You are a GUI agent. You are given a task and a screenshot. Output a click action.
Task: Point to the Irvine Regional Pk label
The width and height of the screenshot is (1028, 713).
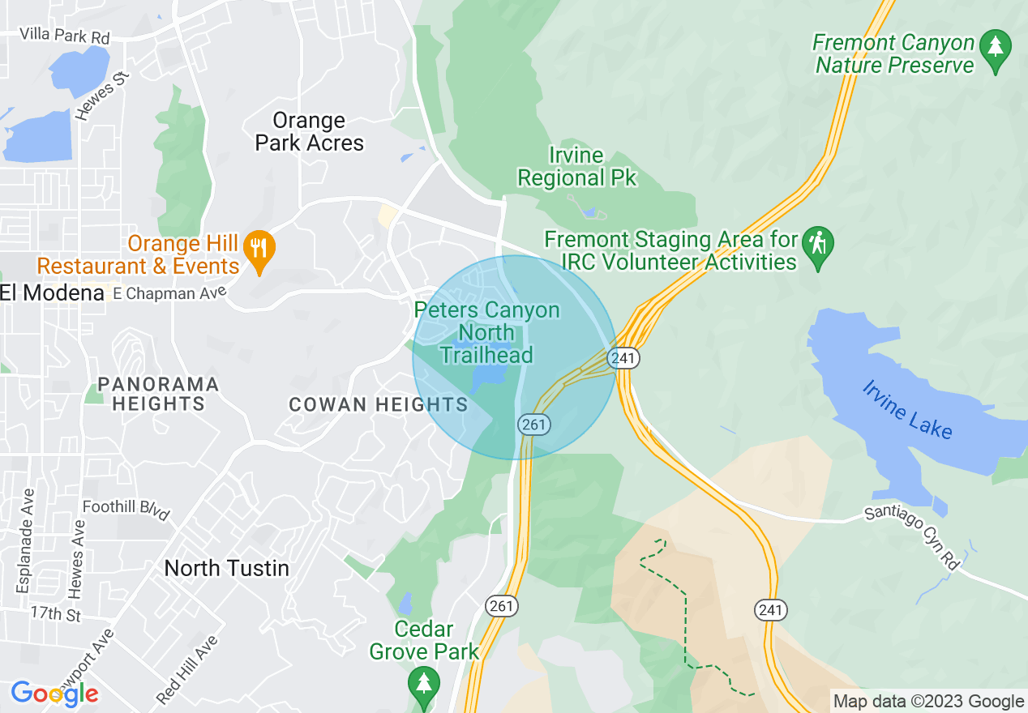point(577,166)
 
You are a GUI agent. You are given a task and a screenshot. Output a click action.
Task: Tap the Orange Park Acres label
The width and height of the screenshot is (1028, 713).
point(309,132)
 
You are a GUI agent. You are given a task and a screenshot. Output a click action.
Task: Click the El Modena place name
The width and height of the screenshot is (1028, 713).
point(52,293)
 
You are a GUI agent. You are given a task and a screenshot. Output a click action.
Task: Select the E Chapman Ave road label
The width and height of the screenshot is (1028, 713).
point(167,294)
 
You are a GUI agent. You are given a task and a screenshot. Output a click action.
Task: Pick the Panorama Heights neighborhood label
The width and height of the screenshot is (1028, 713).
point(158,394)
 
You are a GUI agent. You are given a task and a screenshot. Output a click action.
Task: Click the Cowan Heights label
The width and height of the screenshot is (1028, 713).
point(379,404)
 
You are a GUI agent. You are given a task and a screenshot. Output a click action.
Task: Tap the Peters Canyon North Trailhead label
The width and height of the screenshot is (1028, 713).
point(486,332)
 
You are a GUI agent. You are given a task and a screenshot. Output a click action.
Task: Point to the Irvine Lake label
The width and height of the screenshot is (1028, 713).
point(906,409)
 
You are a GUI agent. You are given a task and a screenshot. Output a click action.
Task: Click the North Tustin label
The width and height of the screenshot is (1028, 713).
point(226,568)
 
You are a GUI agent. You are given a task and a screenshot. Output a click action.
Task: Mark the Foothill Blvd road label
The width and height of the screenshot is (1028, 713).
point(126,510)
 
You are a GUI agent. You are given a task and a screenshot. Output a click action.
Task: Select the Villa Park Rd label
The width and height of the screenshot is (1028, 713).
point(64,36)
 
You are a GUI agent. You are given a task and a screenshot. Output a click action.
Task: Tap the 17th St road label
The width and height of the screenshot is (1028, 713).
point(56,613)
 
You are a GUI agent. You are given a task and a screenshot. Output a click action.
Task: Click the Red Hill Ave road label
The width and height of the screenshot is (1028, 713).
point(187,668)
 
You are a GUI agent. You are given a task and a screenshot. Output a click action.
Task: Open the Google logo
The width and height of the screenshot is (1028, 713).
point(54,694)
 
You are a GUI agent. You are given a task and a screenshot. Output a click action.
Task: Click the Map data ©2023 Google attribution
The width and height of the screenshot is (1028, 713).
point(929,702)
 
